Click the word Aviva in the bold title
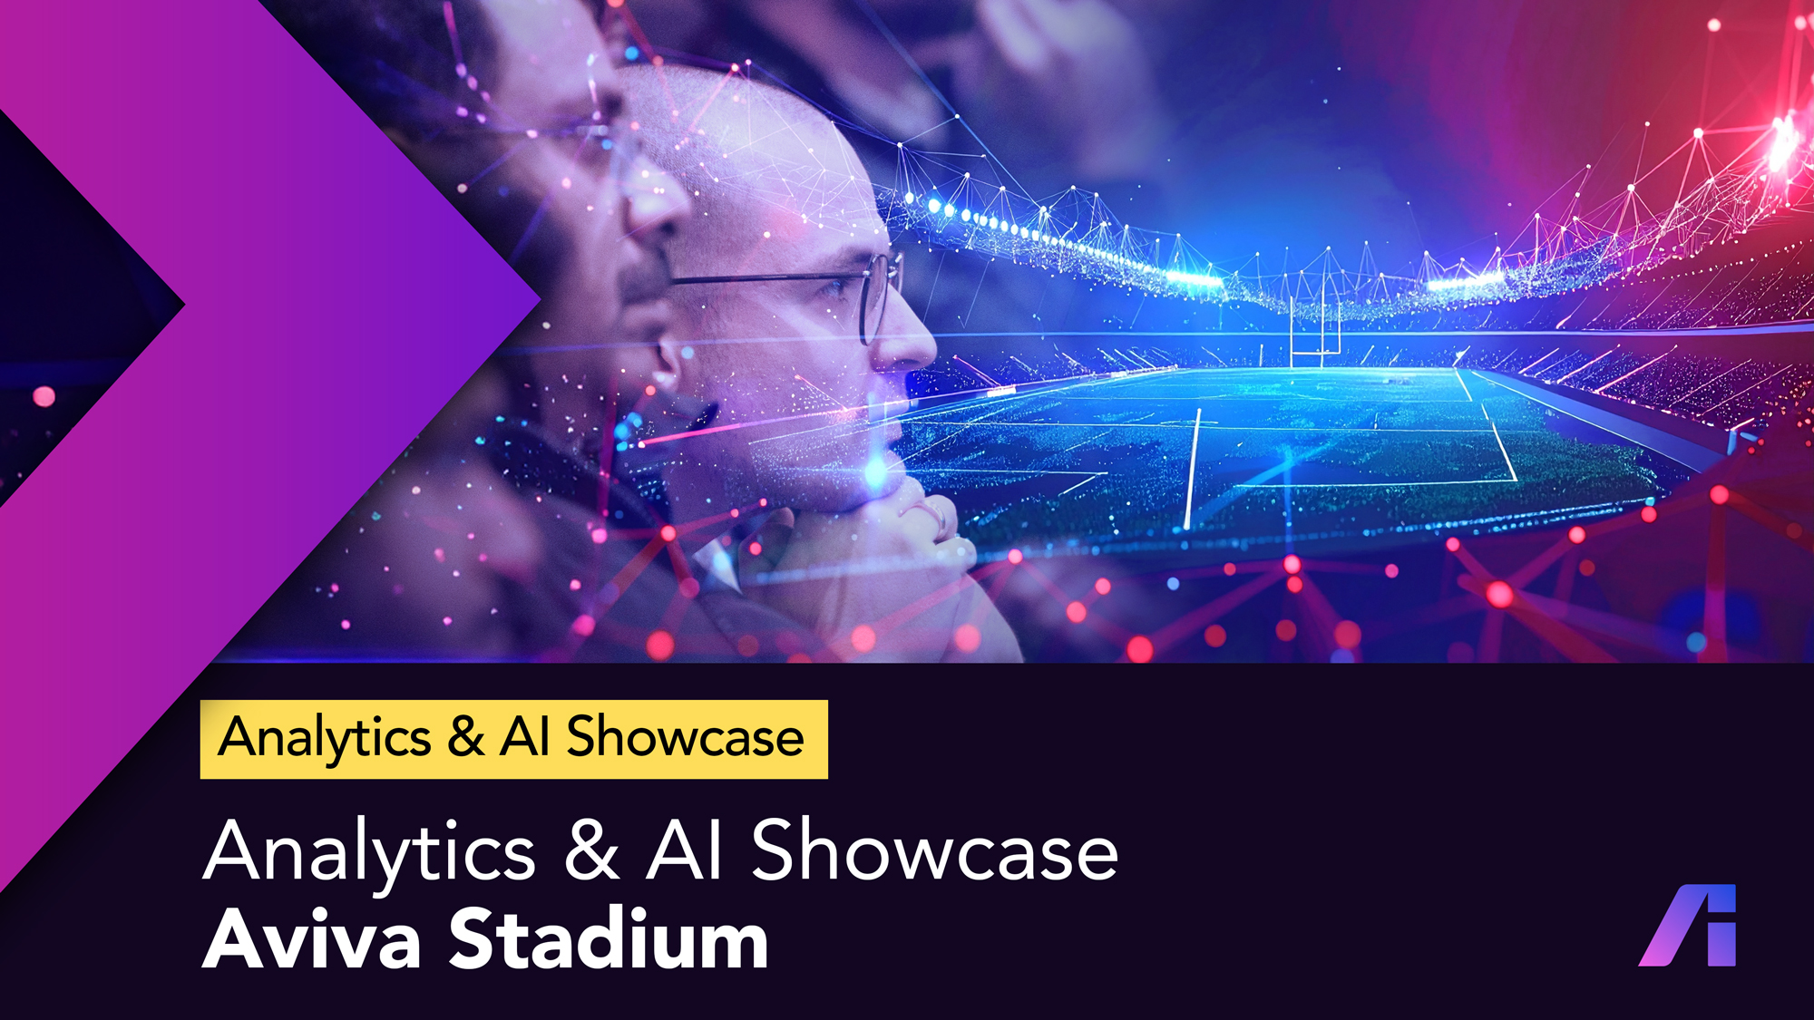[312, 939]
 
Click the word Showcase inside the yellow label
[686, 736]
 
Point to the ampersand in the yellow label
[465, 736]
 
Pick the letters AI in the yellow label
[525, 736]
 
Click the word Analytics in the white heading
[370, 852]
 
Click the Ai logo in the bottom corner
[1687, 925]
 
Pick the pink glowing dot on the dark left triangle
[44, 396]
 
